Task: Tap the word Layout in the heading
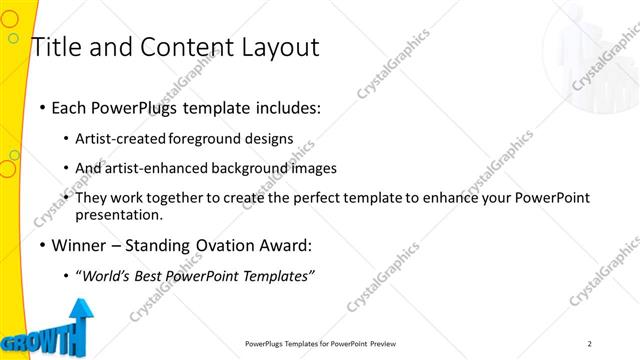click(275, 47)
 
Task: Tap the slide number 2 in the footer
click(589, 343)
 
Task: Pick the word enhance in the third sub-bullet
click(478, 198)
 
